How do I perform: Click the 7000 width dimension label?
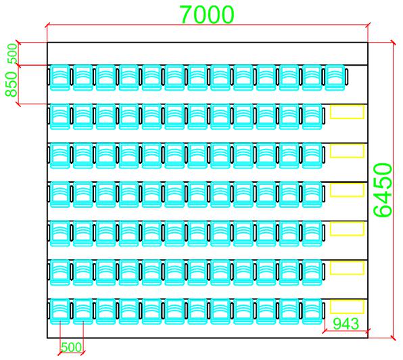[x=207, y=14]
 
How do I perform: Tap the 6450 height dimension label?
[x=383, y=189]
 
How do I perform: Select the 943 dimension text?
[x=346, y=323]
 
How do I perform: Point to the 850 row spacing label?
[x=11, y=84]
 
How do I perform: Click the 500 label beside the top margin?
[x=13, y=53]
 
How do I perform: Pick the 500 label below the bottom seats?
[x=72, y=347]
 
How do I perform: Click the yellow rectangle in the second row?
[x=347, y=112]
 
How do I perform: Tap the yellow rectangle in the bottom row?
[x=347, y=307]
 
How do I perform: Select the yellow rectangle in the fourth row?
[x=347, y=189]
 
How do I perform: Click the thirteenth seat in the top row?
[x=335, y=77]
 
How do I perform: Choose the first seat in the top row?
[x=60, y=77]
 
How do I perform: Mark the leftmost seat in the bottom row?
[x=60, y=311]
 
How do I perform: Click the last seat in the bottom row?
[x=312, y=311]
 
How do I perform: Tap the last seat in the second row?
[x=312, y=116]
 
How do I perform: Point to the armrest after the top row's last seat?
[x=346, y=76]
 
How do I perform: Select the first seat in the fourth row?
[x=60, y=194]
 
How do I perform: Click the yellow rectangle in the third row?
[x=347, y=151]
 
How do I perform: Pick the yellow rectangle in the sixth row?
[x=347, y=268]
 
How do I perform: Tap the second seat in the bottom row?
[x=82, y=311]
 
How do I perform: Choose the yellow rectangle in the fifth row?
[x=347, y=229]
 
